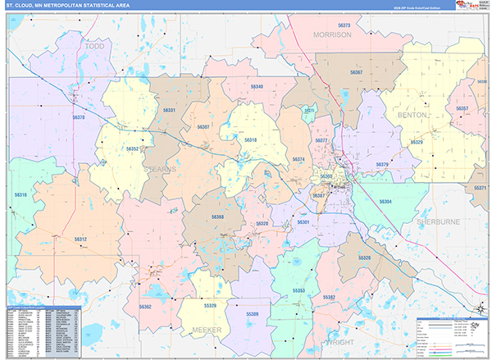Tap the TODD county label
pyautogui.click(x=97, y=48)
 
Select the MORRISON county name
pyautogui.click(x=331, y=35)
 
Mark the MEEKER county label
pyautogui.click(x=207, y=329)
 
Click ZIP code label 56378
pyautogui.click(x=79, y=118)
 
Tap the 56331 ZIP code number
pyautogui.click(x=169, y=110)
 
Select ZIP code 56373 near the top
pyautogui.click(x=326, y=25)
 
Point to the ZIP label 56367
pyautogui.click(x=356, y=73)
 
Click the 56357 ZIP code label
pyautogui.click(x=462, y=108)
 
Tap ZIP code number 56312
pyautogui.click(x=80, y=239)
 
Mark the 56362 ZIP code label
pyautogui.click(x=145, y=306)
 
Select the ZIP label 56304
pyautogui.click(x=385, y=201)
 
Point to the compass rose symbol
pyautogui.click(x=480, y=309)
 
